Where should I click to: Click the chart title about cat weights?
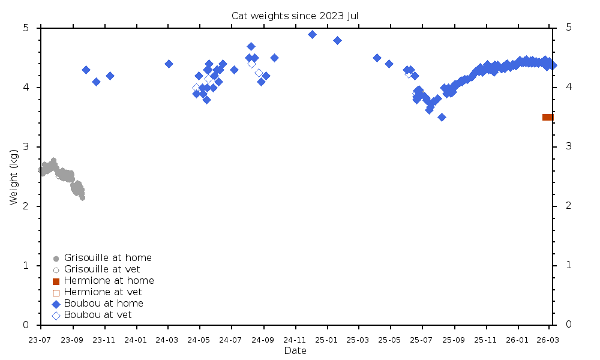pos(295,16)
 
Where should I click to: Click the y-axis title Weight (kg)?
pos(14,176)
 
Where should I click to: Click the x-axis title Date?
pos(295,350)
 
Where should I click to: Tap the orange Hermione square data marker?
pos(547,117)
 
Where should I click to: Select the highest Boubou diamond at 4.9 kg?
pos(312,34)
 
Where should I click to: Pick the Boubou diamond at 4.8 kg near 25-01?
pos(337,40)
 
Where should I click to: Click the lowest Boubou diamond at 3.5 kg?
pos(442,117)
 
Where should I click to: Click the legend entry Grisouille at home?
pos(108,258)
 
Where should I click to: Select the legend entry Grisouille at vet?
pos(103,269)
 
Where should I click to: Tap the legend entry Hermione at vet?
pos(103,292)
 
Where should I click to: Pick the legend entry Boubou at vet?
pos(98,315)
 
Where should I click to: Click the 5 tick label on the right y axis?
pos(568,28)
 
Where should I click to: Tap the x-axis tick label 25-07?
pos(422,340)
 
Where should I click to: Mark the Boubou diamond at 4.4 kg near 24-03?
pos(169,64)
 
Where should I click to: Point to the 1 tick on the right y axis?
pos(568,266)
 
